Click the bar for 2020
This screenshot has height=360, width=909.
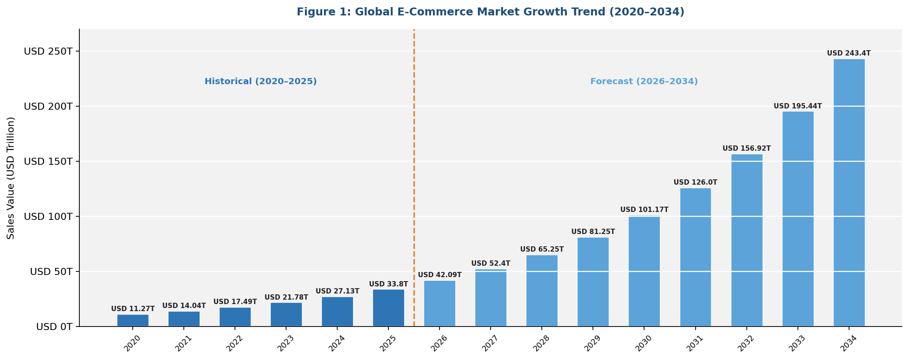click(133, 320)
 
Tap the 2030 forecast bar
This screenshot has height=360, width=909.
click(644, 271)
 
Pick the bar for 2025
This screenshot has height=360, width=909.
click(388, 308)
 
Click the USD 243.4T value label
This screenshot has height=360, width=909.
click(849, 53)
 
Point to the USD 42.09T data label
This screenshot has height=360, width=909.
click(440, 275)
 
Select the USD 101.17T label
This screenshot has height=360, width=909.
click(644, 210)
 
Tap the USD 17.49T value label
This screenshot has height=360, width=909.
click(235, 302)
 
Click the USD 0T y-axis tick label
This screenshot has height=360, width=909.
click(54, 327)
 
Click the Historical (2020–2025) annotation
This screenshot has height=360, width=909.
click(261, 82)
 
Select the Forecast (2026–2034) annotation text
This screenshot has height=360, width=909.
click(644, 82)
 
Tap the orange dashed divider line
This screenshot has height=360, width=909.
click(414, 176)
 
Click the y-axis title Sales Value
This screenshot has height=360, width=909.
click(11, 178)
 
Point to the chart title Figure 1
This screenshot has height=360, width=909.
click(490, 12)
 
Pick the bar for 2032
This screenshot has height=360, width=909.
click(746, 240)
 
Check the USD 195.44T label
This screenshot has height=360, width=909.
click(797, 106)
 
